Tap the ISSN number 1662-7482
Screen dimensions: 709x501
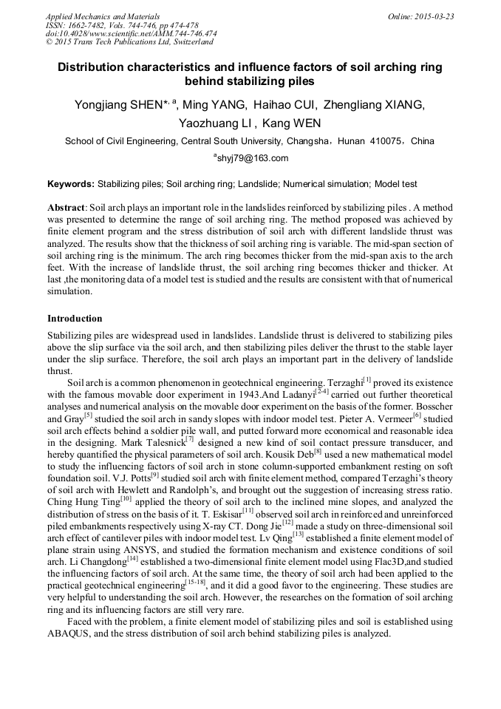click(x=84, y=25)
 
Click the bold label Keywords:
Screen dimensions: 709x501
click(x=71, y=184)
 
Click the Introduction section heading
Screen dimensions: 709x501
click(x=75, y=319)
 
